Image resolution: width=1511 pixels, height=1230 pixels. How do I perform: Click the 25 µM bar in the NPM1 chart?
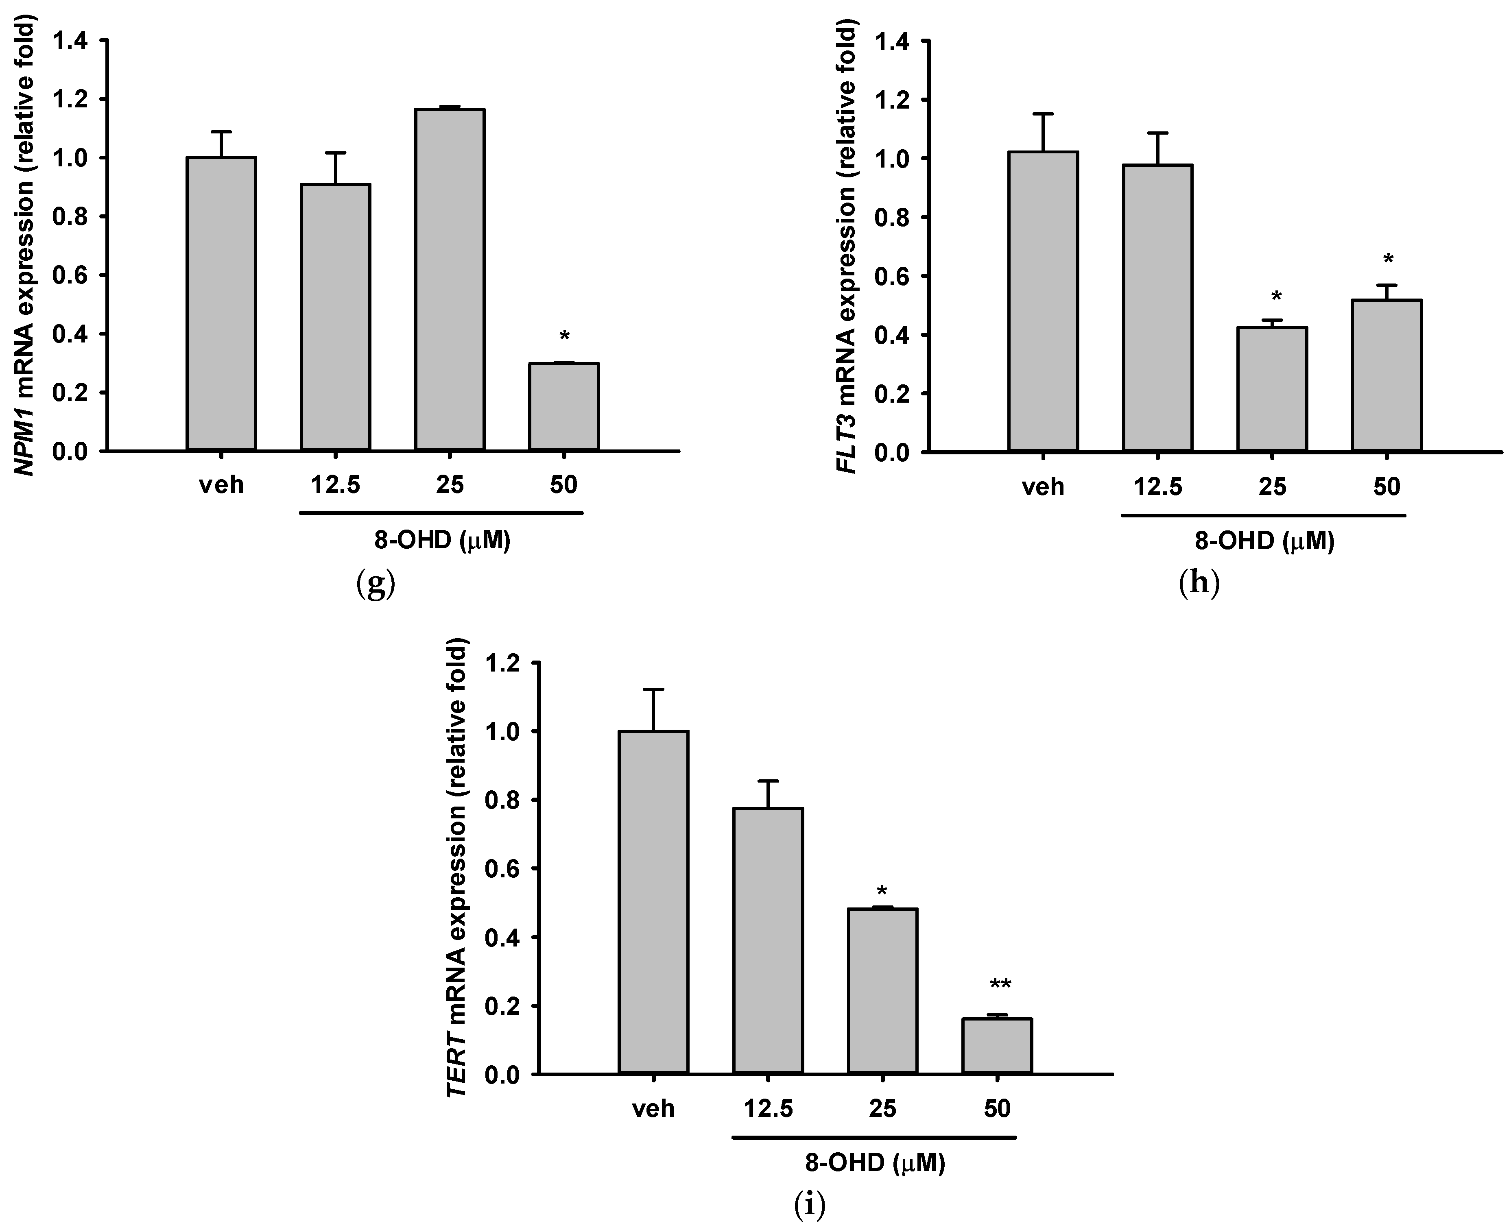pyautogui.click(x=449, y=280)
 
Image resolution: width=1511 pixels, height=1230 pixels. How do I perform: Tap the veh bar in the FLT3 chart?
pyautogui.click(x=1043, y=301)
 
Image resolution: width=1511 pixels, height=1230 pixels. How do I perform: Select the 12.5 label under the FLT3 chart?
pyautogui.click(x=1157, y=487)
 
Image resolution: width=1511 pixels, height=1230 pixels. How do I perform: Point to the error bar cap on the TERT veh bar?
pyautogui.click(x=653, y=689)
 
